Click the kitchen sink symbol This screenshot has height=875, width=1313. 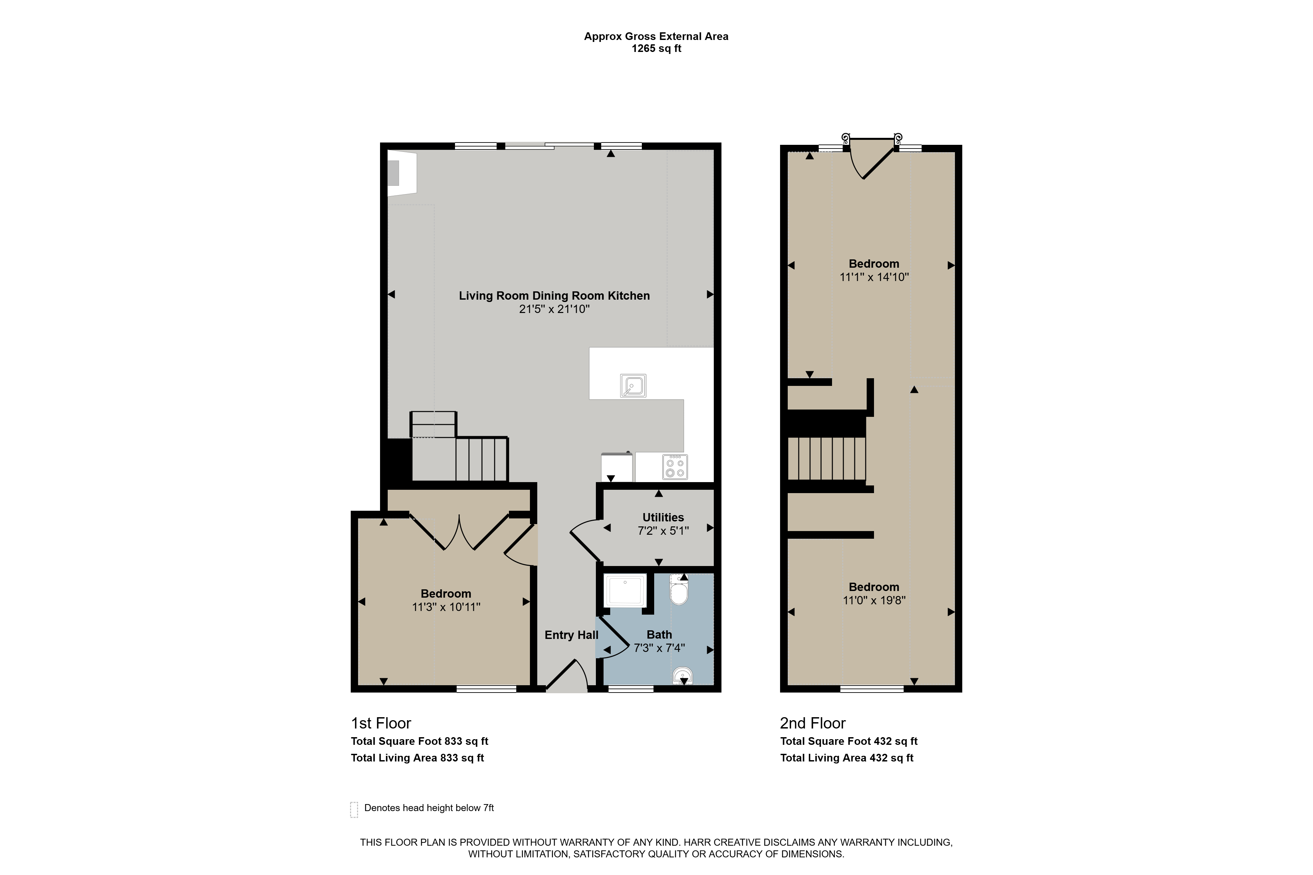tap(633, 386)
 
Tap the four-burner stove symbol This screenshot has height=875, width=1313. tap(675, 467)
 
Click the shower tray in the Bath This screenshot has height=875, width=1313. tap(625, 590)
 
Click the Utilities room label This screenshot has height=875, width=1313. tap(663, 517)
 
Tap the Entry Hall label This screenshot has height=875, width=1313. tap(571, 635)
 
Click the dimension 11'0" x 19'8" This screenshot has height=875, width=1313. tap(874, 600)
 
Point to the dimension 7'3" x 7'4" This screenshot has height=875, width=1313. tap(659, 648)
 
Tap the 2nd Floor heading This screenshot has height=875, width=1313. tap(813, 723)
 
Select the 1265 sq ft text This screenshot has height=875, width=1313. tap(656, 49)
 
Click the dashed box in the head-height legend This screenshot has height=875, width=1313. tap(354, 810)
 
